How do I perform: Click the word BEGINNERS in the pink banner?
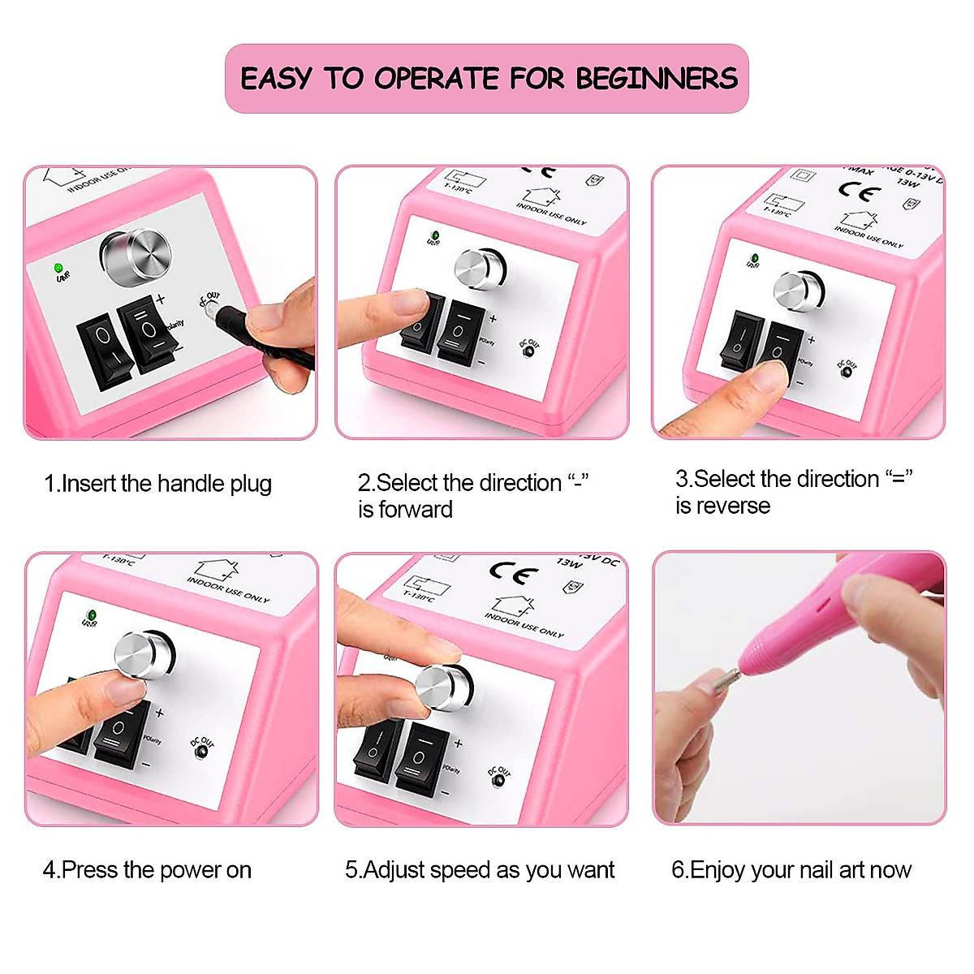click(657, 79)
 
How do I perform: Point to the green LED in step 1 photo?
click(58, 267)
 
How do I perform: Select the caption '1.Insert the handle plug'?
click(157, 484)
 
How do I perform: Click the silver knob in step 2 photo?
click(480, 269)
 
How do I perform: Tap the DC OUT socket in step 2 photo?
click(528, 352)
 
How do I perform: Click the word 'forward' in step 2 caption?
click(416, 510)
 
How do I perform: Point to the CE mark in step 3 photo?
click(859, 192)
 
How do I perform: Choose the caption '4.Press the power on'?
click(147, 870)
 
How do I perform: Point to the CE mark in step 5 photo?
click(513, 573)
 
